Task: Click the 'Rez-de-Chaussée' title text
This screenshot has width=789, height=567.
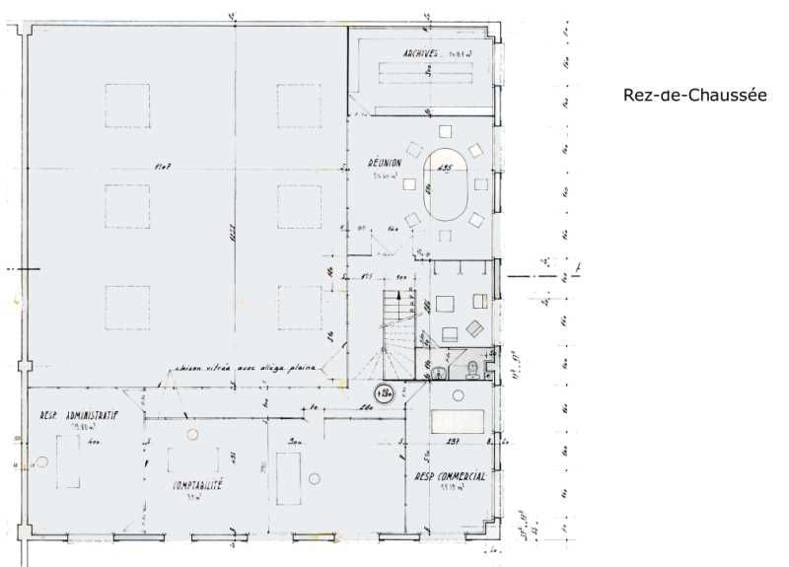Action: click(x=694, y=95)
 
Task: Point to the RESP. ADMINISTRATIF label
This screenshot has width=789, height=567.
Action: click(x=80, y=417)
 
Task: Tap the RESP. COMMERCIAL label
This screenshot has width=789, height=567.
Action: click(x=450, y=476)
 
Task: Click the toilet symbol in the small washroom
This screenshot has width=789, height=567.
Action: click(x=473, y=369)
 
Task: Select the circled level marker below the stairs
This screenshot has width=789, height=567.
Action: click(x=383, y=393)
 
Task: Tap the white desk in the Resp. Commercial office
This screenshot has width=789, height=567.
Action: click(x=459, y=422)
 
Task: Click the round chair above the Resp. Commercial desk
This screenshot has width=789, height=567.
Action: click(x=458, y=395)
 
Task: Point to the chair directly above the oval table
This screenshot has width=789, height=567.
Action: click(x=445, y=131)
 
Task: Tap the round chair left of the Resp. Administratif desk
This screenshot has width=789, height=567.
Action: click(x=41, y=461)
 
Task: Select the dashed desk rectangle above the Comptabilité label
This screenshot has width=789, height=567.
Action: click(x=192, y=460)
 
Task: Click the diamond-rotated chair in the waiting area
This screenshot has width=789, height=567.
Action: click(x=474, y=329)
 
